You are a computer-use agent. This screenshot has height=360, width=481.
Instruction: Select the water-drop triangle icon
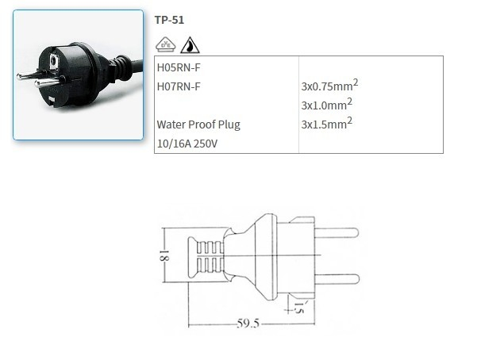190,45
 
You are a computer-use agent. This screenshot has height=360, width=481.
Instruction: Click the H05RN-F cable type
178,67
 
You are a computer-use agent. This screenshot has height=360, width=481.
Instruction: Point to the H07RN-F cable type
178,86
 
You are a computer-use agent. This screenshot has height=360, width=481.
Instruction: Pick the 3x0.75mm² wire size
326,86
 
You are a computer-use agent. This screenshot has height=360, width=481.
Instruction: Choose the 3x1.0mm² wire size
326,104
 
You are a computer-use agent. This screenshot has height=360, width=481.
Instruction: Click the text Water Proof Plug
198,124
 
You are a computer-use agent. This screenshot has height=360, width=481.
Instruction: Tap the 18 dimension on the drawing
161,256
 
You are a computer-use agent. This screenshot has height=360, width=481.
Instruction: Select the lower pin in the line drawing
337,278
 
